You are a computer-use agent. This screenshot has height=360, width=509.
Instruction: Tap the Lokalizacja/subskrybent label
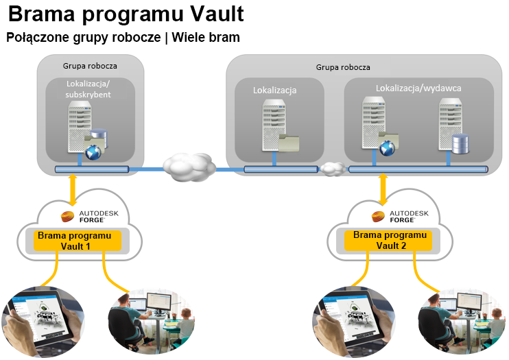point(89,89)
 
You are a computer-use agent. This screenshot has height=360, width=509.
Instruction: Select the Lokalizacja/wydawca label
point(418,88)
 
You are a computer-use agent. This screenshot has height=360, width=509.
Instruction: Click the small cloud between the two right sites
point(333,169)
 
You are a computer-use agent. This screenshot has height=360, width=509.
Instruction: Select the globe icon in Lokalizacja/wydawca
point(387,146)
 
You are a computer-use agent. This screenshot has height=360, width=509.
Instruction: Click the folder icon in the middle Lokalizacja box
point(289,142)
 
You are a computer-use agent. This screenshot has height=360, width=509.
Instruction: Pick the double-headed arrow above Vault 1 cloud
point(73,191)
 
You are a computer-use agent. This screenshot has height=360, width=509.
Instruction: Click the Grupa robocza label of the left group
point(90,67)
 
